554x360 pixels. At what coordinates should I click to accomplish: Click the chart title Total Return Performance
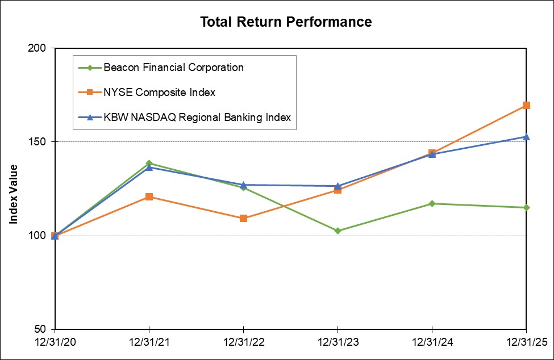286,22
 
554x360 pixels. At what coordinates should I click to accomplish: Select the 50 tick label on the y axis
41,329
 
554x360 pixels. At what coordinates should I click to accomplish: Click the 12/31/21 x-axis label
149,343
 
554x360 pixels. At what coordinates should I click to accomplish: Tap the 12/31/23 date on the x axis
338,343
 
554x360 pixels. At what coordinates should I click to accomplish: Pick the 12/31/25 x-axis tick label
526,343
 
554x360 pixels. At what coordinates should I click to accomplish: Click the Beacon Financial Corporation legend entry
173,68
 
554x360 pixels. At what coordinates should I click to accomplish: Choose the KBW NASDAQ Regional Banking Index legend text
197,118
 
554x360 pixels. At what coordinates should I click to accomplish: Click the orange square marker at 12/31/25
526,105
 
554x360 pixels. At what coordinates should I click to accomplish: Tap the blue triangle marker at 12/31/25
526,136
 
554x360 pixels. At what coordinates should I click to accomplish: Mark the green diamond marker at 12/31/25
526,207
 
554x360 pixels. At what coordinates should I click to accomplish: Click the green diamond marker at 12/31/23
338,231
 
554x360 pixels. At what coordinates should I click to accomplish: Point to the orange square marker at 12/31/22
243,218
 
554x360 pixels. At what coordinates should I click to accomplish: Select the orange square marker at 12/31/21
149,196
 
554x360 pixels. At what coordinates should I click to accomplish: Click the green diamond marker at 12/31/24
432,203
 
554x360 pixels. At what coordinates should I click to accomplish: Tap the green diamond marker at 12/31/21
149,163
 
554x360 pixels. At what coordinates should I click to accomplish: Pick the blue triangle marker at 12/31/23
338,186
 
